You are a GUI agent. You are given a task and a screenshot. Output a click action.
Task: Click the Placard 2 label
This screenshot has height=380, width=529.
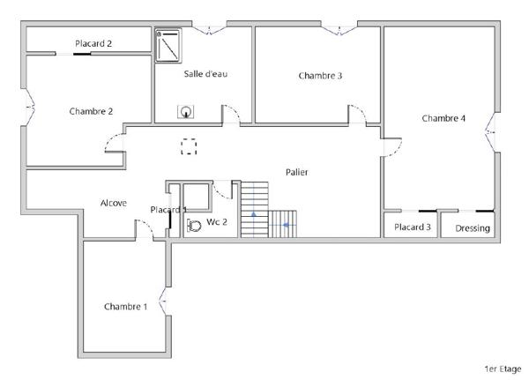coord(93,43)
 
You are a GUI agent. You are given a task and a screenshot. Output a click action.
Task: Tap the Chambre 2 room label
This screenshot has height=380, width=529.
coord(91,111)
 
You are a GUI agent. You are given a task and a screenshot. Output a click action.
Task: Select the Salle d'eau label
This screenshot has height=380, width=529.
coord(205,73)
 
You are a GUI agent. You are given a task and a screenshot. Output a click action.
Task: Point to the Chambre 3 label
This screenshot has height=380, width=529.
coord(320,76)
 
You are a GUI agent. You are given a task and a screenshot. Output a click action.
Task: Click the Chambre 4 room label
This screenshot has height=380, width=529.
coord(443,118)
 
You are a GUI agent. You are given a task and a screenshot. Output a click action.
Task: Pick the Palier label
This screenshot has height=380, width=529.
coord(296,172)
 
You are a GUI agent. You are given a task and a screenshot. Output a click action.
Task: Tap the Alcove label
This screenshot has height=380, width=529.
coord(113,203)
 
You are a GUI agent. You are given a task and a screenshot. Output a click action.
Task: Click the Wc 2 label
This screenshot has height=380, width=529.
coord(217,222)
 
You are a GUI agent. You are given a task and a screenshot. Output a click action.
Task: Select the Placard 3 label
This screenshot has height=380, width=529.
coord(413,227)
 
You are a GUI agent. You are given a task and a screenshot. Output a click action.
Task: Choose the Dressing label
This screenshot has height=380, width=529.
coord(473,228)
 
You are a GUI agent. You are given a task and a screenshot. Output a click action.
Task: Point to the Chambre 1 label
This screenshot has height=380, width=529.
coord(125,307)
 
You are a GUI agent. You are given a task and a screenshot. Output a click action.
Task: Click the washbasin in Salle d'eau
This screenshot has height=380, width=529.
coord(186,112)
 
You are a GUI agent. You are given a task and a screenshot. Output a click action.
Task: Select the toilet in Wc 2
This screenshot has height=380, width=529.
coord(195,225)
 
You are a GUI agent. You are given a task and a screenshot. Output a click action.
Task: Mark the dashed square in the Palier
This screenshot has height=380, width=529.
coord(189,146)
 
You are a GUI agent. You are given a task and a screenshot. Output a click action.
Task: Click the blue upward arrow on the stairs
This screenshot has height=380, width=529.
coord(254,213)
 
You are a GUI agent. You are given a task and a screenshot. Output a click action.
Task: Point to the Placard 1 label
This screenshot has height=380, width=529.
coord(168,210)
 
